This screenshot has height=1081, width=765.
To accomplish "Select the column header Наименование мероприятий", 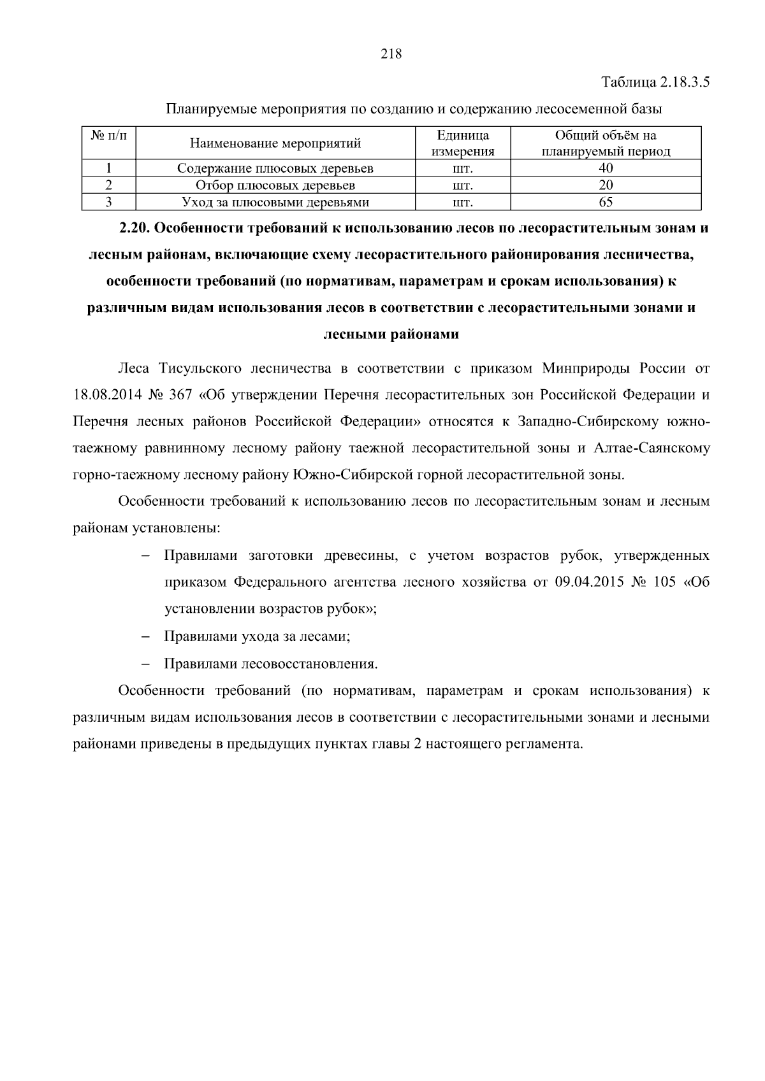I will (x=275, y=143).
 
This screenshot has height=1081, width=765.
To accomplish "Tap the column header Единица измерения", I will (x=463, y=143).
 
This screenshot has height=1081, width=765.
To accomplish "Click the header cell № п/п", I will (x=109, y=136).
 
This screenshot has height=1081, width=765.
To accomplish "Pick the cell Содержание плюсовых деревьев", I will (x=275, y=168).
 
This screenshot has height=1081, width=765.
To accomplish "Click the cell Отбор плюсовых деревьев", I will (x=275, y=185).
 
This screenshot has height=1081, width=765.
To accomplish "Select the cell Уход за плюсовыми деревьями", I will (x=275, y=203).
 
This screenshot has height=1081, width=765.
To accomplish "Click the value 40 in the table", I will (x=606, y=168).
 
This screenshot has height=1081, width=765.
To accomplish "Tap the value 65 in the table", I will (x=606, y=203).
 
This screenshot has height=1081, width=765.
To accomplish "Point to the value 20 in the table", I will (x=606, y=185).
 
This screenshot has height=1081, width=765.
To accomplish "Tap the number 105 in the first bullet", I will (x=665, y=582).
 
